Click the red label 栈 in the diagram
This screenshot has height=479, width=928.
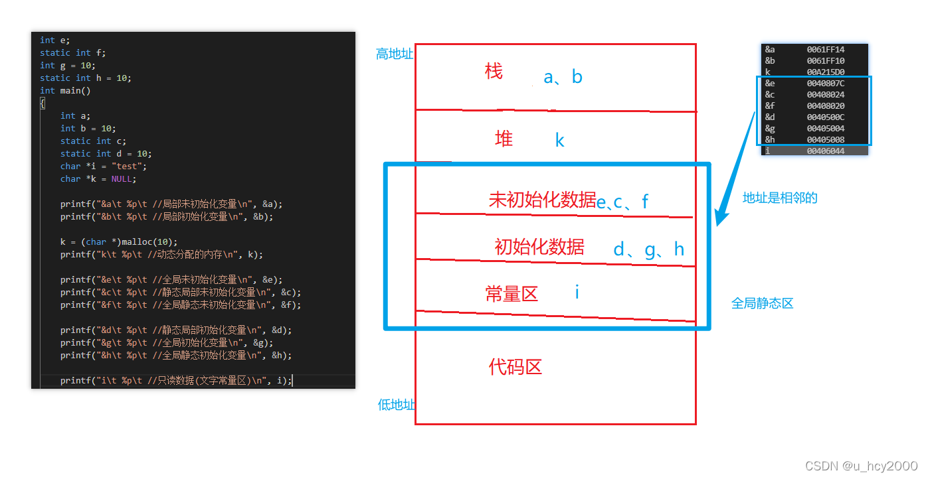coord(494,72)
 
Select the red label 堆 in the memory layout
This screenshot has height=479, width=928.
coord(504,139)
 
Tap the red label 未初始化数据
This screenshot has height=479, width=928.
coord(542,200)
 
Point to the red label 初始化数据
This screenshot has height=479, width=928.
coord(539,247)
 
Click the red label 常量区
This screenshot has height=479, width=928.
coord(511,294)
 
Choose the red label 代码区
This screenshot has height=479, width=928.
coord(515,367)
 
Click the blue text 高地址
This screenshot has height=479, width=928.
coord(394,54)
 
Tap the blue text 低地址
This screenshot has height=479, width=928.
coord(396,405)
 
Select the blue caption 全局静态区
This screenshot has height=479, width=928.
coord(762,304)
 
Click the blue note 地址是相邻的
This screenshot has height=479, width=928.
coord(779,198)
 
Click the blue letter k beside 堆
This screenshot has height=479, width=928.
coord(559,141)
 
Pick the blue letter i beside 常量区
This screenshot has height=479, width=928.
coord(577,291)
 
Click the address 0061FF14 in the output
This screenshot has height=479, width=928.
coord(825,50)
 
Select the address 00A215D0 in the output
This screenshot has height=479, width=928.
coord(825,72)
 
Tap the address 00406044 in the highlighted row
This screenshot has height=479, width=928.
coord(825,151)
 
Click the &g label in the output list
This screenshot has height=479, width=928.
coord(770,129)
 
